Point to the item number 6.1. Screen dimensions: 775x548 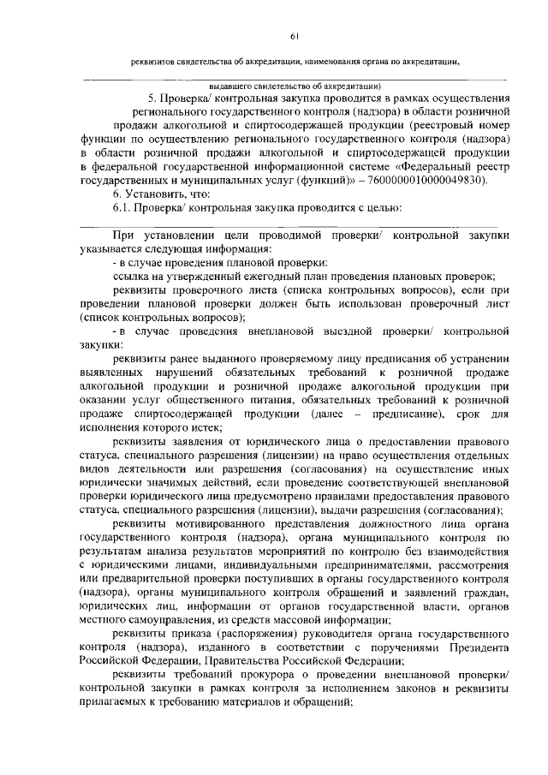coord(124,209)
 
